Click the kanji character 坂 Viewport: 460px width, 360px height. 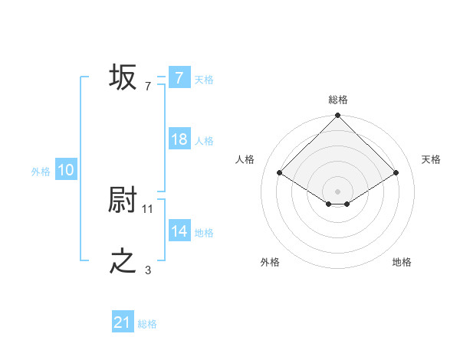click(123, 77)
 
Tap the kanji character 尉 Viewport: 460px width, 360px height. click(123, 201)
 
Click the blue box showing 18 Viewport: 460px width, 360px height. click(179, 139)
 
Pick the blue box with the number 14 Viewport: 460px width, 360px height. click(179, 231)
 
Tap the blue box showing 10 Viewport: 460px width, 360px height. click(66, 170)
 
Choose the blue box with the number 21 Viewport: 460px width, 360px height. click(123, 322)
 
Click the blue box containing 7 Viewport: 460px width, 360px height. click(179, 77)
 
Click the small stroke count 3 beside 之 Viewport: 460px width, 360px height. click(148, 270)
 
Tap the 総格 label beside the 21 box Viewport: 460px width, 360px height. click(147, 324)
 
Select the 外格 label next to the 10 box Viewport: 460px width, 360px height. click(41, 172)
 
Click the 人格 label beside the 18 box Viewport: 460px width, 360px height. click(204, 141)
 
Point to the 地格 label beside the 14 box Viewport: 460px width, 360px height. click(204, 233)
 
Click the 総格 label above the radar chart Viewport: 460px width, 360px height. click(338, 100)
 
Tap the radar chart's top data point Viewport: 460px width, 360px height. click(338, 116)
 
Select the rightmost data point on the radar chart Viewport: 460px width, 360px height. click(396, 173)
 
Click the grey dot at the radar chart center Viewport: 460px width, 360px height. click(338, 191)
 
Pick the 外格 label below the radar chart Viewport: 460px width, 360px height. click(270, 262)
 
